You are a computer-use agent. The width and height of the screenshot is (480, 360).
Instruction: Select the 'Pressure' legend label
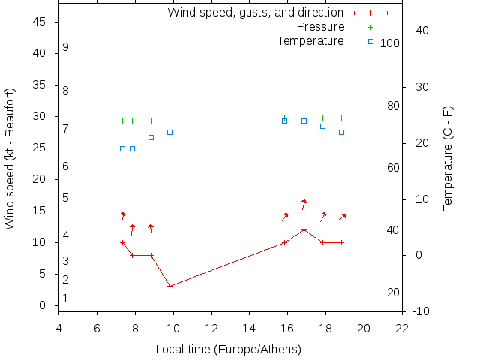[320, 27]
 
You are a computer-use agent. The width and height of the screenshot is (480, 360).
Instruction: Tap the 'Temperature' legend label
[310, 40]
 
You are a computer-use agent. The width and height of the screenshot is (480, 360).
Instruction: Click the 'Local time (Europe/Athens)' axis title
[229, 349]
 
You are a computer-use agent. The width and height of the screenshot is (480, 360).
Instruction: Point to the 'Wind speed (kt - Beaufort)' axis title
[10, 158]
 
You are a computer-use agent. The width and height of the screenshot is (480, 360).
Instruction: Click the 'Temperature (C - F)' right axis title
[448, 158]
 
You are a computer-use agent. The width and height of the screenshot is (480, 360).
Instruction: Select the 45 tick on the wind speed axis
[40, 22]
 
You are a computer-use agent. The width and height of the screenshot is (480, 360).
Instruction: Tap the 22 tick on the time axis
[403, 328]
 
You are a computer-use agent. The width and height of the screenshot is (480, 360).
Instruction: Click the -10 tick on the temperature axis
[420, 311]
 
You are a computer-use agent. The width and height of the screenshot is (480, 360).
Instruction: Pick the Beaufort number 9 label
[66, 47]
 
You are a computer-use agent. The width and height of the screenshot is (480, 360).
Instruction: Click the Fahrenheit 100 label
[390, 43]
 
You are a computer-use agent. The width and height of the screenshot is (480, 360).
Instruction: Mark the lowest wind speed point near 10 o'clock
[170, 286]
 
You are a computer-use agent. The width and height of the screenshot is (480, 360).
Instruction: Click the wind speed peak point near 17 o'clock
[304, 229]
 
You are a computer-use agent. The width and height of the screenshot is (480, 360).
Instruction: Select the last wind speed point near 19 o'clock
[341, 242]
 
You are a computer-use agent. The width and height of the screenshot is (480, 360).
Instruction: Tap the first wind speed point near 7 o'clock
[122, 242]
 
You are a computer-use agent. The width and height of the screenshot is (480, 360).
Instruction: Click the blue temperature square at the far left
[122, 148]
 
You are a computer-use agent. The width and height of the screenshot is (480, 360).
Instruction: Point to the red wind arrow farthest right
[342, 217]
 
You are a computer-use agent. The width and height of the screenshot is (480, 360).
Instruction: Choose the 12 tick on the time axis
[212, 328]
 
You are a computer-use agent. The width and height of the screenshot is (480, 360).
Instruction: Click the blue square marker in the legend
[370, 41]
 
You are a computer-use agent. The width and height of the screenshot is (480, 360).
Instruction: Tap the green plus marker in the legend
[370, 27]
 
